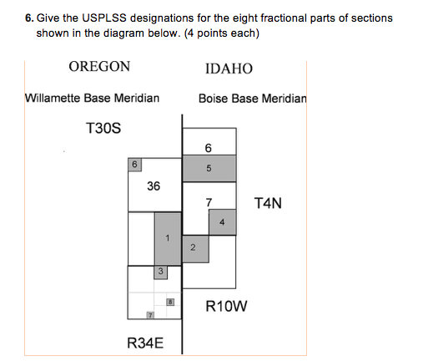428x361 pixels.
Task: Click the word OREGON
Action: pos(99,67)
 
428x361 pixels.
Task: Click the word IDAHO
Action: pos(228,69)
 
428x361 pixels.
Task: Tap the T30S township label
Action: pos(103,129)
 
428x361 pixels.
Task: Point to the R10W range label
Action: pos(226,306)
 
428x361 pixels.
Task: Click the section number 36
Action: pos(154,186)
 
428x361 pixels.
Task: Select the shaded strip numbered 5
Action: pos(209,169)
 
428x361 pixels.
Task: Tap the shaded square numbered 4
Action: pos(222,222)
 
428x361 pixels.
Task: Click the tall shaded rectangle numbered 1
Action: pos(167,238)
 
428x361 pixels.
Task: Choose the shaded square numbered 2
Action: pos(194,248)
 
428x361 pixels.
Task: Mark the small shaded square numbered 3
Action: pos(160,272)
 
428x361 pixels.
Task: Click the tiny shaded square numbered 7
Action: pos(150,315)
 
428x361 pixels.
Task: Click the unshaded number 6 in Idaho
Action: pos(208,147)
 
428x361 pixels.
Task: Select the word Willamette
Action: pos(58,98)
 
